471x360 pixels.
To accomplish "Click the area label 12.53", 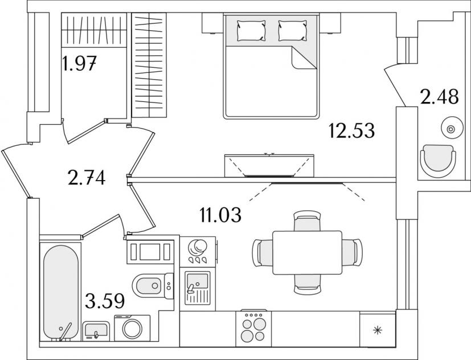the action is (352, 131).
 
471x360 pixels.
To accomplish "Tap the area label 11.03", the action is (220, 215).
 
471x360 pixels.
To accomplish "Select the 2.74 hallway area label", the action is (87, 178).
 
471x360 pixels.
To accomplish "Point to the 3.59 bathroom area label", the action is (105, 301).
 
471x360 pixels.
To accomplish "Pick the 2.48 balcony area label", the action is (440, 96).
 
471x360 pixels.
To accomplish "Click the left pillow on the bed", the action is (251, 31).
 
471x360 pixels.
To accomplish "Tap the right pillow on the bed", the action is (293, 31).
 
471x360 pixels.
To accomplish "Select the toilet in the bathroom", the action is (153, 285).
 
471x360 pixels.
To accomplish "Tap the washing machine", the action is (132, 328).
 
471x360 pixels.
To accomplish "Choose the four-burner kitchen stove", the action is (253, 329).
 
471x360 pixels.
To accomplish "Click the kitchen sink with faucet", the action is (198, 288).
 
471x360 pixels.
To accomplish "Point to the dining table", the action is (308, 252).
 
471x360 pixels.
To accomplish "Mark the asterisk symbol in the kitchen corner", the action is (377, 331).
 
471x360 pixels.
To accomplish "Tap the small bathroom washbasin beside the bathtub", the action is (96, 330).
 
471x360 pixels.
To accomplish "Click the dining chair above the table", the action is (307, 220).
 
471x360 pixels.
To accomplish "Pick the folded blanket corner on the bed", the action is (304, 58).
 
